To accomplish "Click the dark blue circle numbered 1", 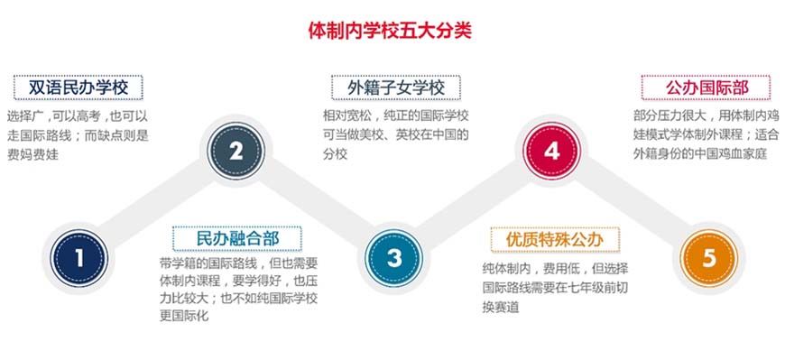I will pyautogui.click(x=78, y=258).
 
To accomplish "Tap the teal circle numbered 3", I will pyautogui.click(x=394, y=258).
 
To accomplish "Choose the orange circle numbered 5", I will pyautogui.click(x=709, y=258).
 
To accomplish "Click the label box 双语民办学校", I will pyautogui.click(x=78, y=88).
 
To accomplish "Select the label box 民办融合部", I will pyautogui.click(x=236, y=238).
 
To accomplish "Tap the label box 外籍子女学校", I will pyautogui.click(x=393, y=88).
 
